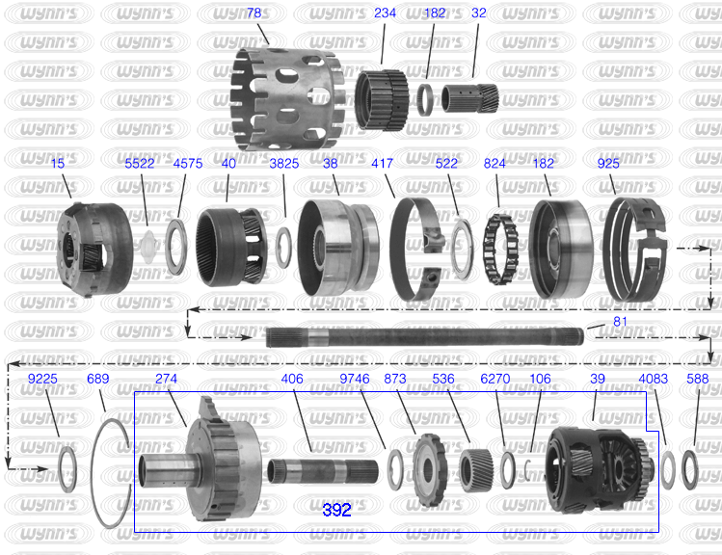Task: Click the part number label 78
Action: (x=254, y=13)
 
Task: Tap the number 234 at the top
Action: (x=385, y=13)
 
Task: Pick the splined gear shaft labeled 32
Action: (x=470, y=98)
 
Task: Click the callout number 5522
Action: (x=140, y=164)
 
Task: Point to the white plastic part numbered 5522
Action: (x=148, y=247)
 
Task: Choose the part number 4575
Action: (x=188, y=164)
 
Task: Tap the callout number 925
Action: (x=608, y=164)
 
